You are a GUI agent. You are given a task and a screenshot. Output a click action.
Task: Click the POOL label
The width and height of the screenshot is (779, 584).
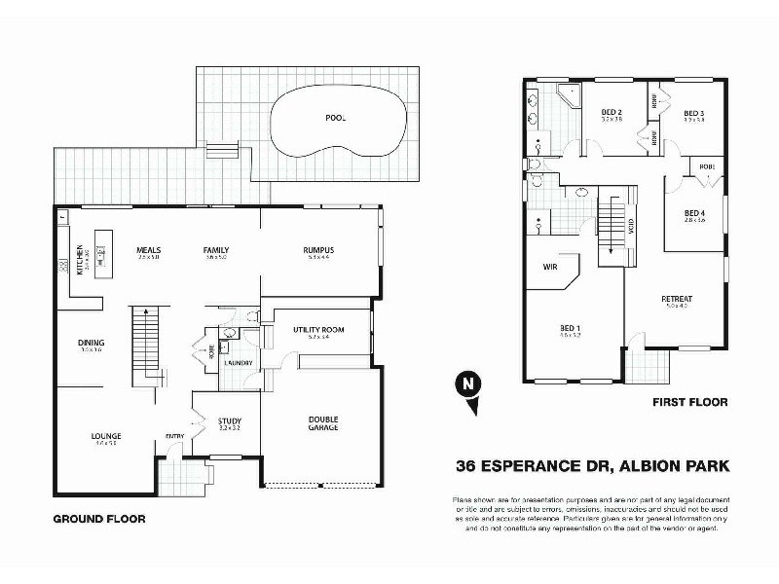pyautogui.click(x=336, y=118)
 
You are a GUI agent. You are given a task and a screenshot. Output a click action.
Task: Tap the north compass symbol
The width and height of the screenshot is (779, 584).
pyautogui.click(x=469, y=383)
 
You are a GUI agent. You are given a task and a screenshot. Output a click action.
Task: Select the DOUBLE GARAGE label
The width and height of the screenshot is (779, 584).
pyautogui.click(x=316, y=423)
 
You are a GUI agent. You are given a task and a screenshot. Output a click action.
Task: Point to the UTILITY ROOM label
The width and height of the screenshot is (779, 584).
pyautogui.click(x=318, y=330)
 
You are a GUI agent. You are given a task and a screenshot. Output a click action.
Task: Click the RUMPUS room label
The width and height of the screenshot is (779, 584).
pyautogui.click(x=318, y=250)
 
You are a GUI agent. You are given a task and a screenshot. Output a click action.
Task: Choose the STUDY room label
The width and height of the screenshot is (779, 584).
pyautogui.click(x=229, y=420)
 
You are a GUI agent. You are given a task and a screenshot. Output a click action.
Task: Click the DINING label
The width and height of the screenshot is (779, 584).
pyautogui.click(x=92, y=343)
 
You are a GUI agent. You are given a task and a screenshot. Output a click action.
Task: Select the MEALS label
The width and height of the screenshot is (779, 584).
pyautogui.click(x=149, y=250)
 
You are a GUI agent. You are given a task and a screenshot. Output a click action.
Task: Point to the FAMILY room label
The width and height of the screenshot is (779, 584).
pyautogui.click(x=216, y=250)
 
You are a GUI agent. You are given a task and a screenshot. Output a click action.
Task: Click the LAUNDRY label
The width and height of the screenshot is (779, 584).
pyautogui.click(x=239, y=363)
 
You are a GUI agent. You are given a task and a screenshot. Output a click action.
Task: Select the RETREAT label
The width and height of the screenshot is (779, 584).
pyautogui.click(x=676, y=300)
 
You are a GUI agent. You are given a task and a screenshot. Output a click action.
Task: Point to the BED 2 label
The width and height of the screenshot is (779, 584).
pyautogui.click(x=612, y=113)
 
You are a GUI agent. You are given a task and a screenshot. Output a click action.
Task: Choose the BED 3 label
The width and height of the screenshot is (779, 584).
pyautogui.click(x=693, y=113)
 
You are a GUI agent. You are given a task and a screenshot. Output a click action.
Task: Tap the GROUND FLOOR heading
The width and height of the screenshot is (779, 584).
pyautogui.click(x=98, y=520)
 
